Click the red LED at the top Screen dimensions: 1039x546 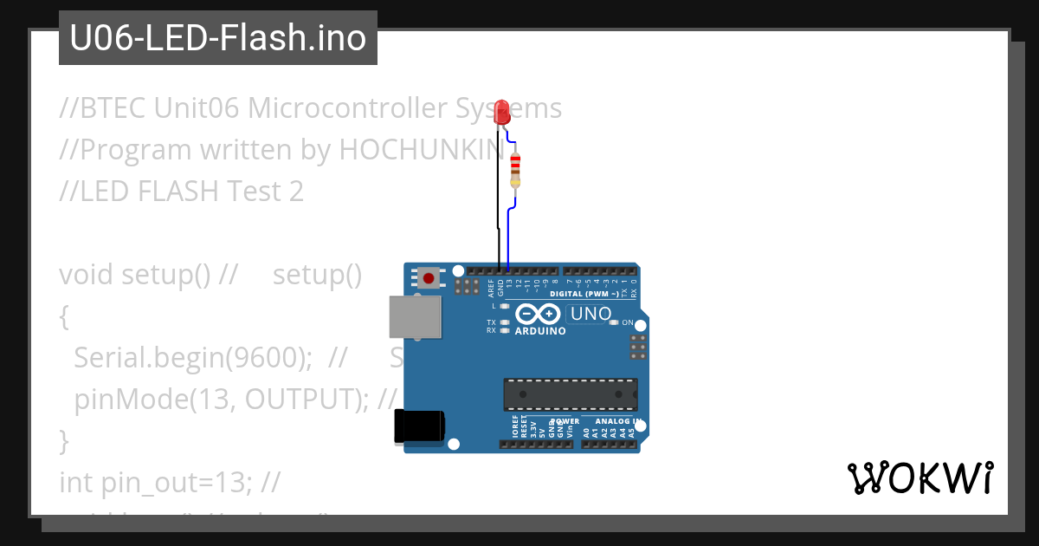tap(501, 112)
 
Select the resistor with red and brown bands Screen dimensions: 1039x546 tap(516, 169)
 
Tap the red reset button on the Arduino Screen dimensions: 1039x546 tap(428, 278)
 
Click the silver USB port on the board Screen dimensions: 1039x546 tap(415, 316)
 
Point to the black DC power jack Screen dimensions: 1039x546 tap(419, 426)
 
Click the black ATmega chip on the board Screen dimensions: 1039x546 tap(571, 393)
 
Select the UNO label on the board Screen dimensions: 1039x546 tap(592, 314)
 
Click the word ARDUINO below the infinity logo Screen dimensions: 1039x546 tap(540, 331)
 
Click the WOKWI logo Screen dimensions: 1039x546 tap(920, 478)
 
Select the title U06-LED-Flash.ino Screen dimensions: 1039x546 tap(217, 38)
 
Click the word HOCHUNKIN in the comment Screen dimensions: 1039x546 tap(421, 150)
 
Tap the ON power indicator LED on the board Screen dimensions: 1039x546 tap(614, 322)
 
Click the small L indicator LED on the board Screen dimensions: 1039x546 tap(505, 306)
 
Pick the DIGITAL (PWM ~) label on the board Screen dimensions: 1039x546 tap(590, 294)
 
